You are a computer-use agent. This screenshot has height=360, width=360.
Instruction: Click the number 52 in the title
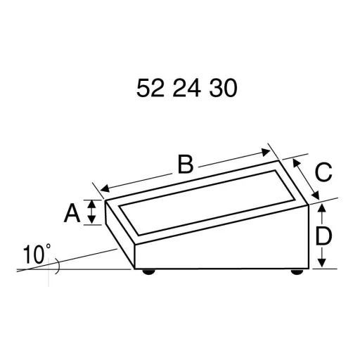(x=149, y=88)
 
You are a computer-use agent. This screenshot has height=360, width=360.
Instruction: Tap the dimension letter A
(x=72, y=212)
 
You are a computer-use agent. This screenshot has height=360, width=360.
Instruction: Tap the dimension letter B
(x=185, y=165)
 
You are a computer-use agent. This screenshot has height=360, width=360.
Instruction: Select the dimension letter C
(x=322, y=172)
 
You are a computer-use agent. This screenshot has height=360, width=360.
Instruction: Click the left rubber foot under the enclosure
(x=148, y=271)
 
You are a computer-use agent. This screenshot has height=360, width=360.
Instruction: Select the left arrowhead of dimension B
(x=104, y=188)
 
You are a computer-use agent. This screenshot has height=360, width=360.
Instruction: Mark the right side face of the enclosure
(x=292, y=236)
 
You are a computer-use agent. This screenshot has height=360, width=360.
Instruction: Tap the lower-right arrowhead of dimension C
(x=316, y=196)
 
